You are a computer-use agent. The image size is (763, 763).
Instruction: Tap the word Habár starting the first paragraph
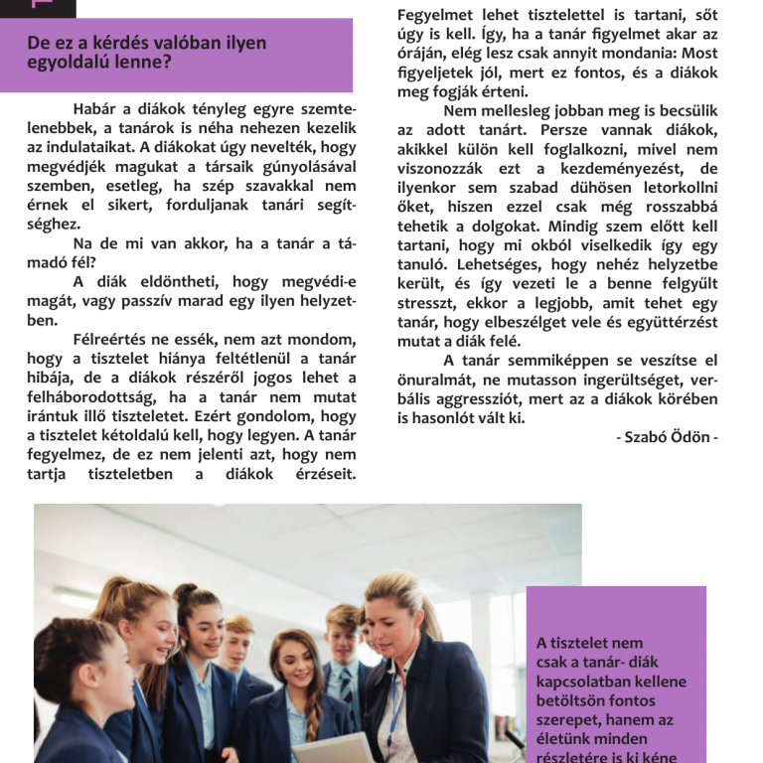tap(97, 108)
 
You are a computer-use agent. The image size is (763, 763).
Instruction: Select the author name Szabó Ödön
tap(672, 438)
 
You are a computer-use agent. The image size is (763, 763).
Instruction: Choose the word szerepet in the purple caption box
tap(570, 719)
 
